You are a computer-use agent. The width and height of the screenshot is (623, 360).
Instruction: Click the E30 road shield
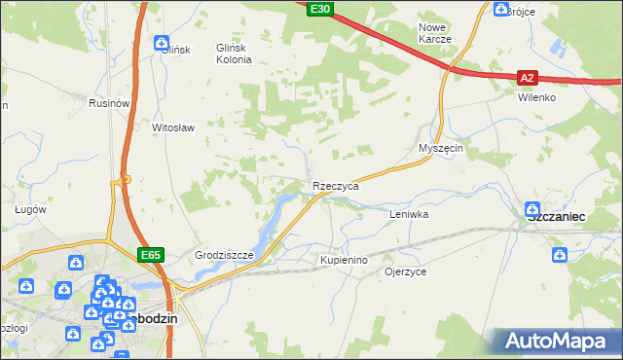(x=319, y=9)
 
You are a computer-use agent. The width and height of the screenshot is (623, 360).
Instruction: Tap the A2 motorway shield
(x=527, y=77)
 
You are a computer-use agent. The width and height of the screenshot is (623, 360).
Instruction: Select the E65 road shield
(x=150, y=255)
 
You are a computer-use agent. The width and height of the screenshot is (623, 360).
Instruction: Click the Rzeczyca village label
(x=336, y=185)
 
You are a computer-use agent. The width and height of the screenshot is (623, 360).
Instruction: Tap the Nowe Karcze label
(x=434, y=33)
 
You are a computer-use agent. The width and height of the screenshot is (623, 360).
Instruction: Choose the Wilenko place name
(x=536, y=97)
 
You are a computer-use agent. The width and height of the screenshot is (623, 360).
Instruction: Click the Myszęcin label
(x=439, y=148)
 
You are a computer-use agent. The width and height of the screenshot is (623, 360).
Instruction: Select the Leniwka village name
(x=409, y=213)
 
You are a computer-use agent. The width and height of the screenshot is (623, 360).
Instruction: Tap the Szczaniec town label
(x=555, y=220)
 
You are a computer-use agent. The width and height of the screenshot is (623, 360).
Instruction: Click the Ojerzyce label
(x=406, y=271)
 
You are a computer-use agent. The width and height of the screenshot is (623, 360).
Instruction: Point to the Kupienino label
(x=344, y=261)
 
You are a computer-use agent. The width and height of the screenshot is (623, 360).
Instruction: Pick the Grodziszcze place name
(x=224, y=256)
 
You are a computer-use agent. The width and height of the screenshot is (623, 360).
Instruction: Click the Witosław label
(x=174, y=127)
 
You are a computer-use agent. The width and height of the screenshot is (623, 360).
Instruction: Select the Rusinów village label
(x=109, y=103)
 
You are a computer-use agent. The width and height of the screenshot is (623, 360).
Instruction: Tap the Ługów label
(x=31, y=208)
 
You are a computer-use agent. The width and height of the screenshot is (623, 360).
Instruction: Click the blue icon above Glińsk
(x=162, y=42)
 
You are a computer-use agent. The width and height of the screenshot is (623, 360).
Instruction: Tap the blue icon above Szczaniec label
(x=532, y=207)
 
